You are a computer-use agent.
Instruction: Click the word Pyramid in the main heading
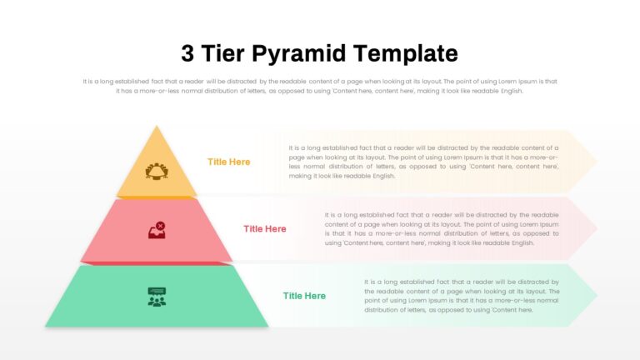click(x=299, y=54)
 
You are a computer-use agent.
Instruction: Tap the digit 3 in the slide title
click(x=187, y=53)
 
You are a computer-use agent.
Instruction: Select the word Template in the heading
click(x=406, y=54)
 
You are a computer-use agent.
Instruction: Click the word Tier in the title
click(x=222, y=53)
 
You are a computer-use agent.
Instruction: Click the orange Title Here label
click(x=228, y=162)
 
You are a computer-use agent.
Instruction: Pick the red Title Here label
click(x=265, y=229)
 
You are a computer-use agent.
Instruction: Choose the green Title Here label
click(x=304, y=296)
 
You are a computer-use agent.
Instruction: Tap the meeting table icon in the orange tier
click(x=157, y=172)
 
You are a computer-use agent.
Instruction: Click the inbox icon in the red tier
click(x=157, y=230)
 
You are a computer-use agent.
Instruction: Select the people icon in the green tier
click(x=157, y=297)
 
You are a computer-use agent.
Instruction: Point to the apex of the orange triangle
click(x=157, y=126)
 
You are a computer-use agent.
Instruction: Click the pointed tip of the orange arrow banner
click(x=597, y=162)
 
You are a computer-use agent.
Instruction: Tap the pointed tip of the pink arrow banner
click(x=597, y=228)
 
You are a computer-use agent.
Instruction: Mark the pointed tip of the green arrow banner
click(x=597, y=295)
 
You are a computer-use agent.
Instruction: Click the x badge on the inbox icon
click(x=161, y=226)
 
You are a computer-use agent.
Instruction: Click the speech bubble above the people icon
click(x=157, y=291)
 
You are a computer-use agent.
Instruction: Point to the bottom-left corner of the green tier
click(x=45, y=326)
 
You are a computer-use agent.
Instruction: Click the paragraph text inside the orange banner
click(x=423, y=162)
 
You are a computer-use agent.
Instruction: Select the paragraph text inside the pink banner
click(x=442, y=229)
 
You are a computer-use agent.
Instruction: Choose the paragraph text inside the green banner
click(x=462, y=296)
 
